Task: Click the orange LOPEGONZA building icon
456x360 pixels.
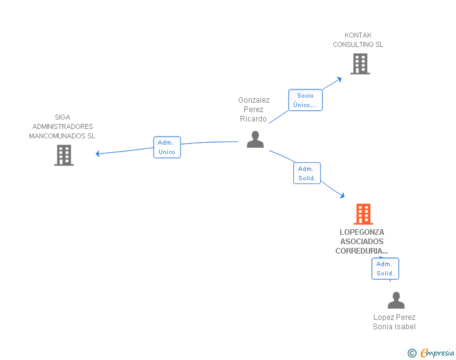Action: (x=363, y=214)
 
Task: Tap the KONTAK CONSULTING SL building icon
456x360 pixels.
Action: (x=360, y=64)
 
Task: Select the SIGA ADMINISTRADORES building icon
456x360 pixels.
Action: (x=64, y=155)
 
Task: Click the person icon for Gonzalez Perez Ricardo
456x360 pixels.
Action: (x=255, y=140)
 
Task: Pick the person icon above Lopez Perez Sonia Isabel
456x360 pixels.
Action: (x=396, y=301)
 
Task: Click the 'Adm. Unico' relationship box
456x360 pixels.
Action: (x=167, y=147)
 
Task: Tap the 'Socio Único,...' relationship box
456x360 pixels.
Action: (x=306, y=100)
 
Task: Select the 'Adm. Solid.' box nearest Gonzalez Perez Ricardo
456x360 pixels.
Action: (x=307, y=173)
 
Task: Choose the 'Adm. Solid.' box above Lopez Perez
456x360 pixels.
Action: (x=385, y=269)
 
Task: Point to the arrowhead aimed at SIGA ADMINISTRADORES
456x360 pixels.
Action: (x=98, y=153)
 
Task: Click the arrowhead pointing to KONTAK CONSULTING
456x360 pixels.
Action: (x=339, y=80)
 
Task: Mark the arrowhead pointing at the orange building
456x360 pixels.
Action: (x=342, y=195)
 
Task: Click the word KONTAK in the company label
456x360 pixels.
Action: (x=358, y=35)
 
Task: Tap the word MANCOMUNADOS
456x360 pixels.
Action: (x=57, y=136)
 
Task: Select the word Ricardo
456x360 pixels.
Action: (x=253, y=118)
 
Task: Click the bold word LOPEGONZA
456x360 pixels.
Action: (x=362, y=232)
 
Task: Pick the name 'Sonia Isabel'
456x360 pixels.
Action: (x=394, y=327)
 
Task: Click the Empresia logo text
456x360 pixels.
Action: (x=437, y=353)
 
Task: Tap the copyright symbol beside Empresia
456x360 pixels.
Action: (x=412, y=353)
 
